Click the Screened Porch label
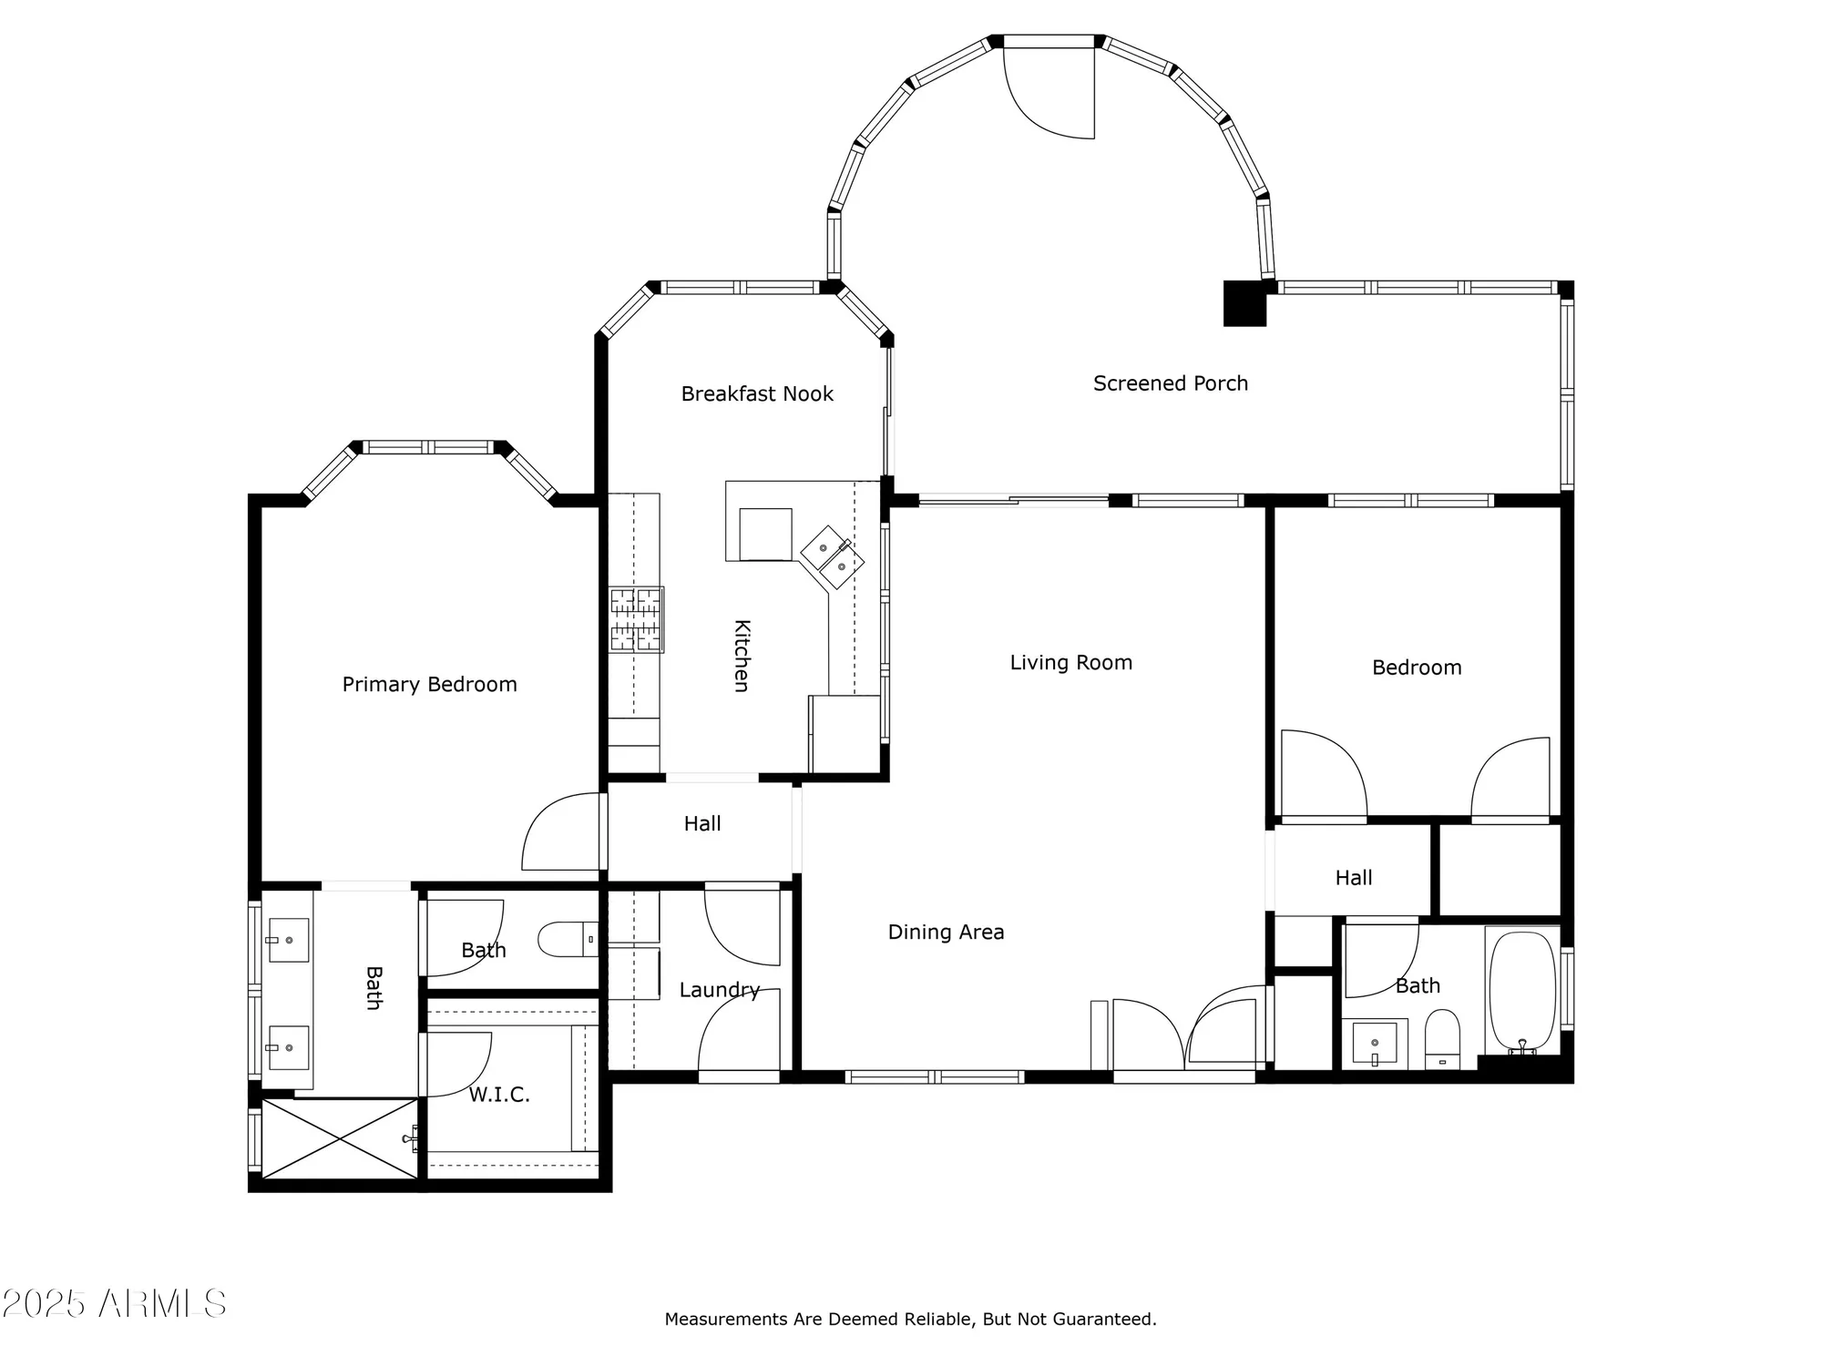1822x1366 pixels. coord(1170,383)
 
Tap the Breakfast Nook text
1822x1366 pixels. coord(757,393)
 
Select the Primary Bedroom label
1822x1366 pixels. coord(429,684)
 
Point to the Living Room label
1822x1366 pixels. coord(1070,662)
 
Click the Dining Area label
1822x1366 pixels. coord(946,932)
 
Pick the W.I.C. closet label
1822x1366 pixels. coord(499,1094)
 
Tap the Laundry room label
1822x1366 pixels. coord(719,989)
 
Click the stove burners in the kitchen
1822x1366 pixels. coord(636,619)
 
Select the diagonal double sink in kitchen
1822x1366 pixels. coord(832,556)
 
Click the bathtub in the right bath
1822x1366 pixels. coord(1521,990)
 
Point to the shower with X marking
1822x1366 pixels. coord(340,1138)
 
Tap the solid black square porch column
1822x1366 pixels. coord(1244,303)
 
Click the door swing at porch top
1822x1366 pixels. coord(1048,91)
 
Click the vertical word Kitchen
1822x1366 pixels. coord(742,656)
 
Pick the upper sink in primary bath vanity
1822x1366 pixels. coord(288,940)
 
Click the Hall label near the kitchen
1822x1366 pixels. coord(701,823)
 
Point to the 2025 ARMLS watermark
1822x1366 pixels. coord(113,1304)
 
